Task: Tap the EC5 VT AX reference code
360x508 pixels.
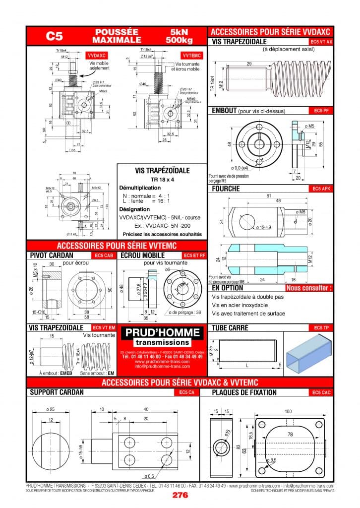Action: point(321,42)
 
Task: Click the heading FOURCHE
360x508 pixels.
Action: point(226,189)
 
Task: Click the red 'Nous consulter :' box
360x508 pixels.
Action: point(308,288)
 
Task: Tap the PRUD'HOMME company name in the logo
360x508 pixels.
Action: point(163,332)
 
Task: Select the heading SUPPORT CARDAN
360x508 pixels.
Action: point(57,392)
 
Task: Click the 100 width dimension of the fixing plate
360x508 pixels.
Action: point(288,411)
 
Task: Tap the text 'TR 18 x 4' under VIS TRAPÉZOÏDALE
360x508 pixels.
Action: point(162,179)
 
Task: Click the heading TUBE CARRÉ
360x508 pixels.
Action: point(230,328)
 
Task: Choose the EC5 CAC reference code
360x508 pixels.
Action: point(321,392)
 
